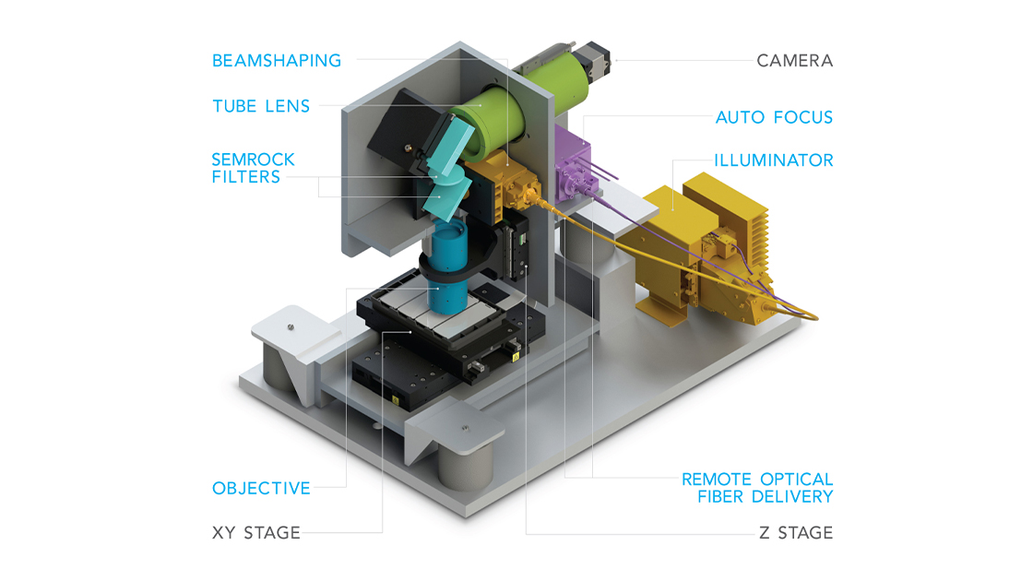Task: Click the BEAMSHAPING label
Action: pos(277,61)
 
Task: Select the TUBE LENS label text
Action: pos(261,106)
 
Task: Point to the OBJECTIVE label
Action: pos(261,488)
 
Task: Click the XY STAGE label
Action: pos(256,532)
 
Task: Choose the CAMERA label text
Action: pos(794,61)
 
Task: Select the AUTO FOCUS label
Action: pos(774,117)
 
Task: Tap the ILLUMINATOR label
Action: pos(773,160)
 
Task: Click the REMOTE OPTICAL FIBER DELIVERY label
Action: pos(756,488)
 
